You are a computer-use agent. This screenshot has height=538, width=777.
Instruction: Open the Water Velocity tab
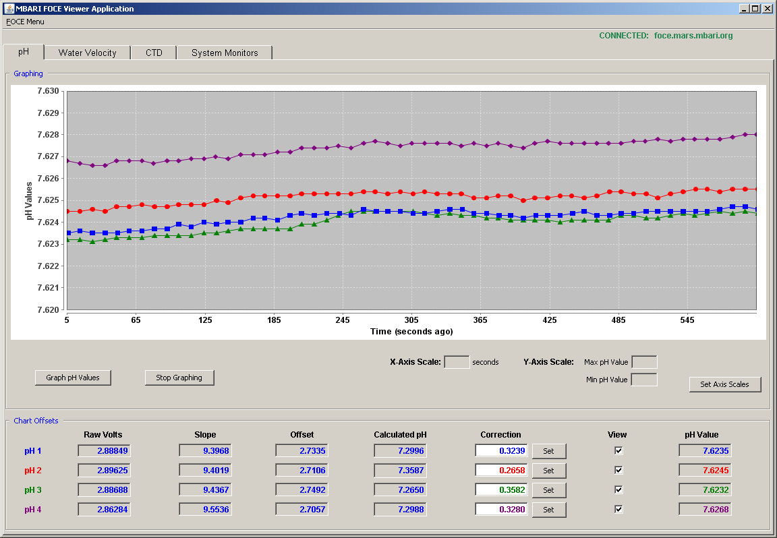coord(87,53)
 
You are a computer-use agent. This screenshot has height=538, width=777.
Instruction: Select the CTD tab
coord(154,53)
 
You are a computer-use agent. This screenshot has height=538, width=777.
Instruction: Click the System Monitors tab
coord(225,53)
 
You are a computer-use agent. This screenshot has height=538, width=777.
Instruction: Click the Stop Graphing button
coord(179,378)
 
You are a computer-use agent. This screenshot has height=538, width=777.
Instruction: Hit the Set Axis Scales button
coord(724,384)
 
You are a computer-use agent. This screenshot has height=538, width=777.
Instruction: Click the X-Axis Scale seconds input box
coord(457,362)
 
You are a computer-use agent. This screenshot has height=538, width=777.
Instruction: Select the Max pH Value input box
coord(644,362)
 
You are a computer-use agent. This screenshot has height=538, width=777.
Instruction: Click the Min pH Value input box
coord(644,380)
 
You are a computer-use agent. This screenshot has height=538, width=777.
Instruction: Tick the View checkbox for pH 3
coord(618,490)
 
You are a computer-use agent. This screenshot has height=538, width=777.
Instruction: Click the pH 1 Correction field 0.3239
coord(501,451)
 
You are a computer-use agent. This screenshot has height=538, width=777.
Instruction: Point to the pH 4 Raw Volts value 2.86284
coord(104,509)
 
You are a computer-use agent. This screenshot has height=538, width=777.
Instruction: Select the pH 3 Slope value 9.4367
coord(205,490)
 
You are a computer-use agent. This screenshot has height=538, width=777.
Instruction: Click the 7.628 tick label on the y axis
coord(48,135)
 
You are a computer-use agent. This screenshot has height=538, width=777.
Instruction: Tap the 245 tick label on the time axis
coord(343,320)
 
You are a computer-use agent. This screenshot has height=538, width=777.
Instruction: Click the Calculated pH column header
coord(401,434)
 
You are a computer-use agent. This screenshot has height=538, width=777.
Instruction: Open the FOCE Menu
coord(25,22)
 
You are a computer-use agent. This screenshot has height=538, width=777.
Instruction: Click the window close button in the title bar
coord(767,8)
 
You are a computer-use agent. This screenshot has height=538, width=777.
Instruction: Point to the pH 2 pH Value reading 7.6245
coord(705,470)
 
